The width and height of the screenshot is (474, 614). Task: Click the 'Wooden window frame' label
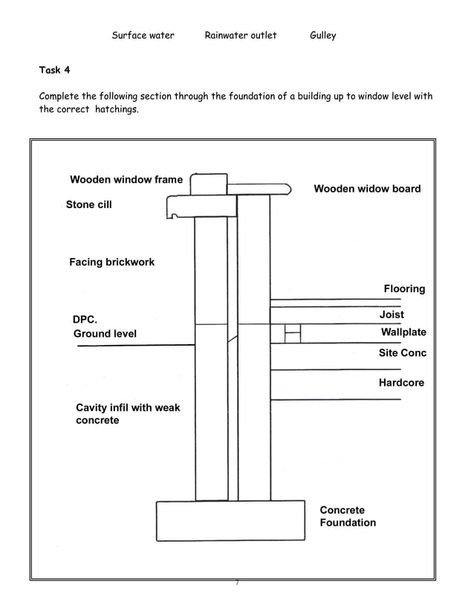coord(126,180)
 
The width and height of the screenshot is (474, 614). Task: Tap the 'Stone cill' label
coord(88,204)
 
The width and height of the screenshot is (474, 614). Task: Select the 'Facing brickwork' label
coord(111,262)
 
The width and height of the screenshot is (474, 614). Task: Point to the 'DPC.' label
coord(85,320)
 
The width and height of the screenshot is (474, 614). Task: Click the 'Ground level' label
coord(105,334)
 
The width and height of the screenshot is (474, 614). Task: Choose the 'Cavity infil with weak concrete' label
coord(128,414)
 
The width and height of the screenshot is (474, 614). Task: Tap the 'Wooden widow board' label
coord(367,189)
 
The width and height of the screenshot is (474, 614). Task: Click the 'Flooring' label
coord(404,288)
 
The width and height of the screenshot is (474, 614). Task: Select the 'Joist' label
coord(392,315)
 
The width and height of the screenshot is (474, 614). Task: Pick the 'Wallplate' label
coord(403,332)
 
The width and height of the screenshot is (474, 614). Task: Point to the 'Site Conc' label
coord(403,353)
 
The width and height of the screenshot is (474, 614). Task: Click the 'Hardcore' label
coord(401,383)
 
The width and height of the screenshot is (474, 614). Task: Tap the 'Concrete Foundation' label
coord(348,517)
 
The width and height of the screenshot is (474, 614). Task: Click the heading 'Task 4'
coord(54,70)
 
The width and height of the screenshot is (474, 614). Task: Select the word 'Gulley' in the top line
coord(322,35)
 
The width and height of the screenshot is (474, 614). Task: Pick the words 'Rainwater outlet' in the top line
coord(240,35)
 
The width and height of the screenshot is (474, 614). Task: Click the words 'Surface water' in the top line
coord(143,35)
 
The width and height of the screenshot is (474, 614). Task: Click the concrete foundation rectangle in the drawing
coord(230,520)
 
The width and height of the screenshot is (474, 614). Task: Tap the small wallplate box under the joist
coord(293,333)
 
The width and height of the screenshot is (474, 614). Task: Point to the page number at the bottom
coord(236,584)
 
